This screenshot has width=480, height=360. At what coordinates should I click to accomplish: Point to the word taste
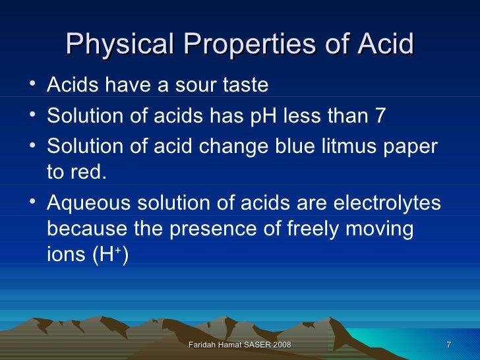click(244, 86)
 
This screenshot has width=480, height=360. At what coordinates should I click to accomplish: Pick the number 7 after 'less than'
click(380, 115)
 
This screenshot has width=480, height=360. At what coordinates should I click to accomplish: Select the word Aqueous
click(87, 203)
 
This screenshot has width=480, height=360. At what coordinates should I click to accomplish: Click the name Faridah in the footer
click(202, 345)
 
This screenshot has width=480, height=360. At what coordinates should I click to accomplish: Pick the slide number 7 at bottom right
click(448, 345)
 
